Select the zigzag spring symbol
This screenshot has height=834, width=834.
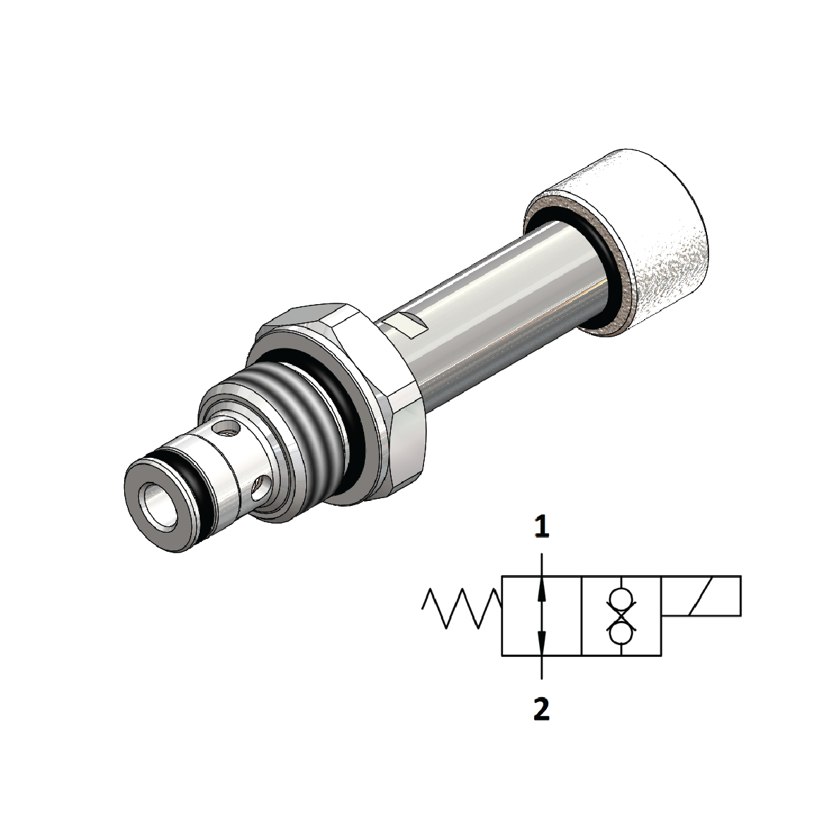pos(461,608)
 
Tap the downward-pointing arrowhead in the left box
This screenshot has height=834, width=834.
pos(541,643)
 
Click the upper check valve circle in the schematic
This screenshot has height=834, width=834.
pos(620,600)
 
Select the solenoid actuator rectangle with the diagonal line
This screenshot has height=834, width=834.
pos(701,596)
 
